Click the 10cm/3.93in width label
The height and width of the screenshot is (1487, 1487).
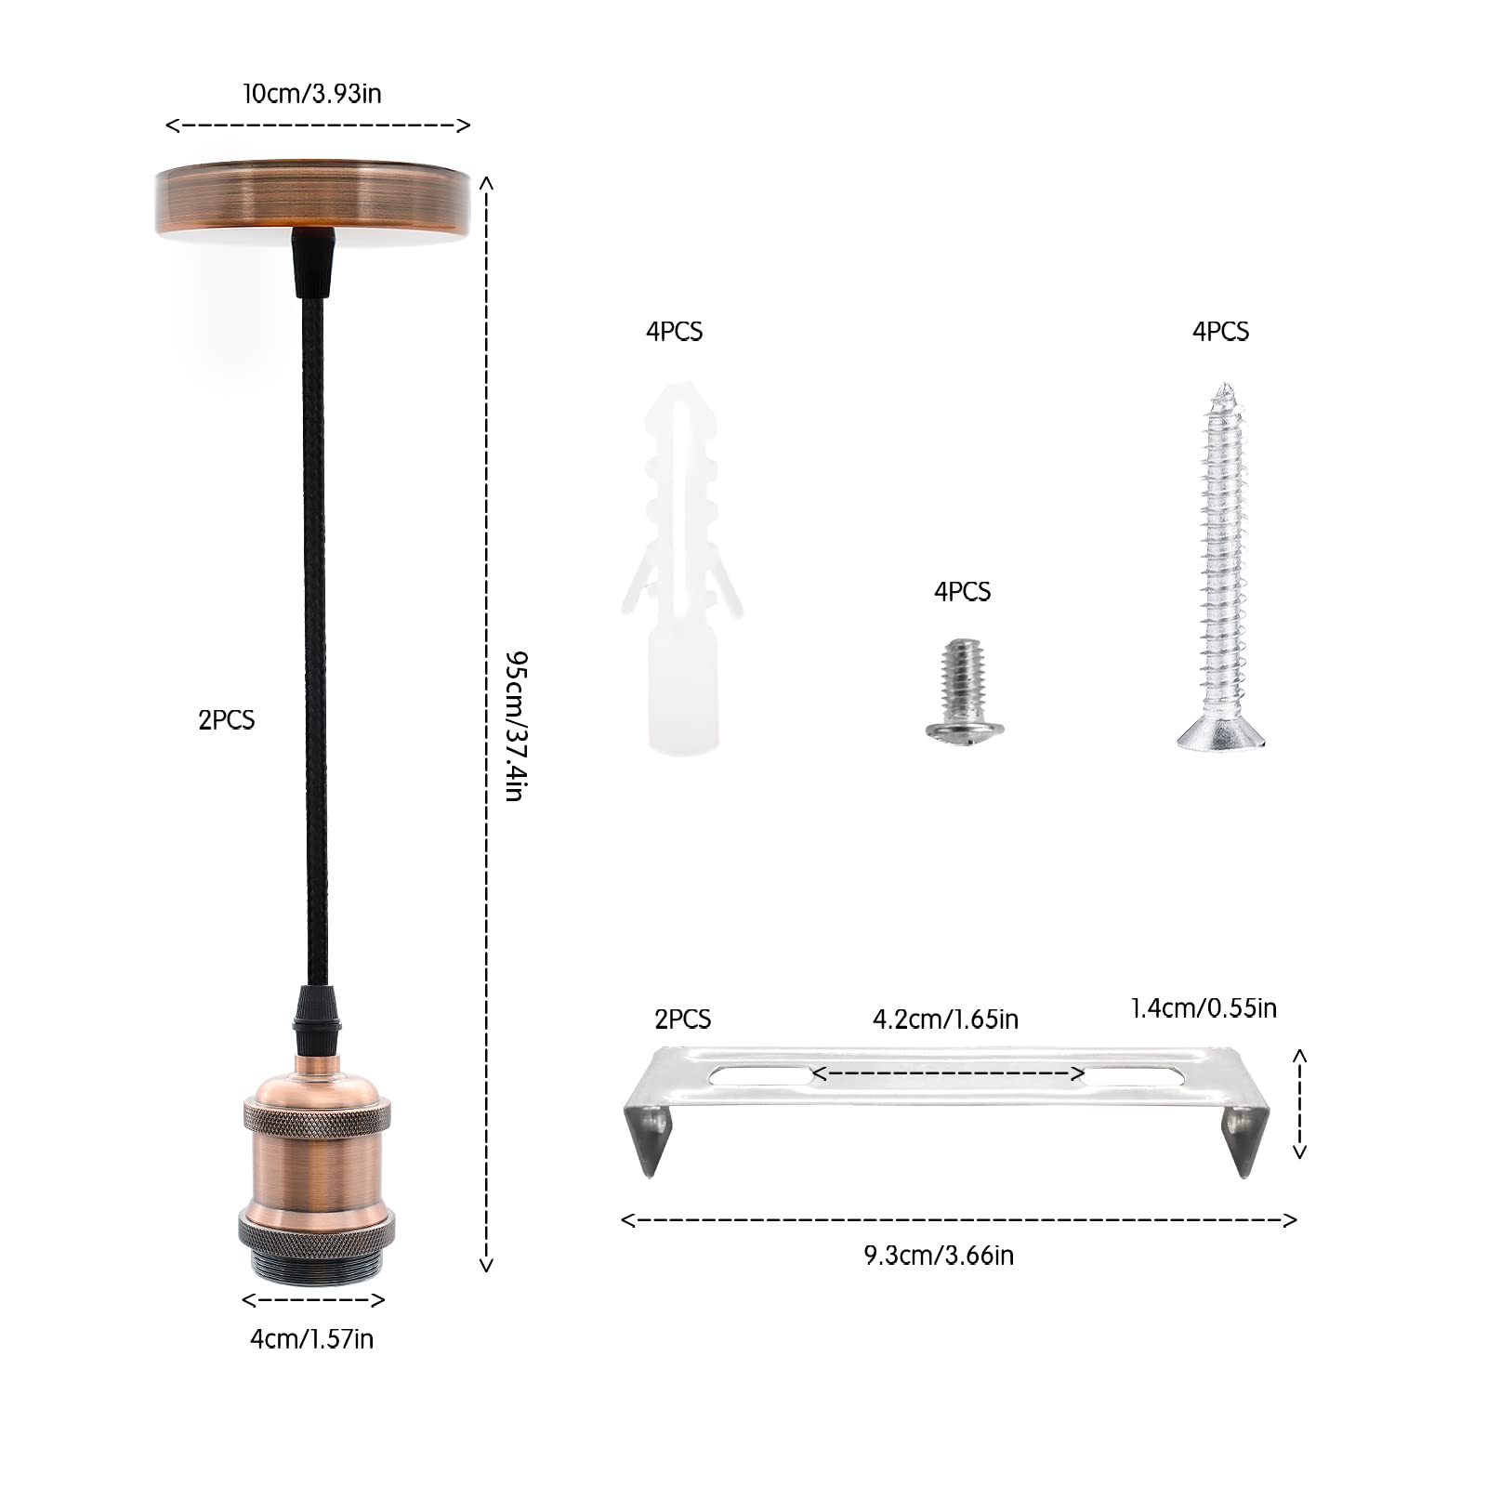312,94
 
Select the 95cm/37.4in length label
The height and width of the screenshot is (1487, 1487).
517,726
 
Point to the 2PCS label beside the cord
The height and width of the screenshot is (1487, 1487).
226,719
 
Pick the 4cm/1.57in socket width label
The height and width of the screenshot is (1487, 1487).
312,1338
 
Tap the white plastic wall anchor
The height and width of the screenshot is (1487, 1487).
682,567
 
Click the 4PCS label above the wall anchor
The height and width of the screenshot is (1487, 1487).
675,332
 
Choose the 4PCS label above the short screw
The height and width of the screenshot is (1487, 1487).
963,592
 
